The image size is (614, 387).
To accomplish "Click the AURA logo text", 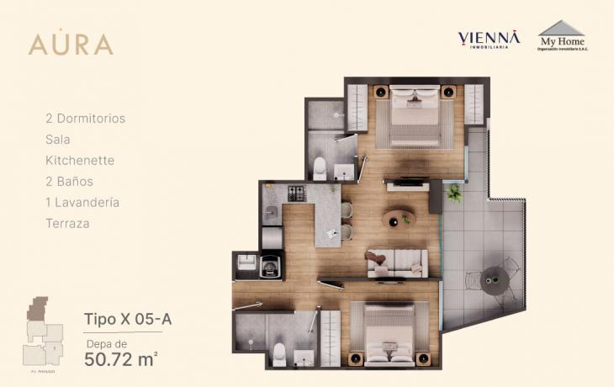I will coord(71,44).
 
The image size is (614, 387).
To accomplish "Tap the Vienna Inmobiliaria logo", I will coord(489,40).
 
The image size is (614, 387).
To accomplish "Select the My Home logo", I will coord(562,36).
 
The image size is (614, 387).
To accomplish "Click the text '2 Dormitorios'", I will coord(85,119).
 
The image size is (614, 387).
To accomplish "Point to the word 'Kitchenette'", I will coord(80,160).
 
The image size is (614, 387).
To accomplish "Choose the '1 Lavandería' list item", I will coord(82,203).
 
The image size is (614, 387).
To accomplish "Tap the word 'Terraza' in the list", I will coord(67,224).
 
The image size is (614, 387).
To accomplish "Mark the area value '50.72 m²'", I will coord(122,359).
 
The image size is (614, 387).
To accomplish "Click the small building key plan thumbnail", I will coord(43,330).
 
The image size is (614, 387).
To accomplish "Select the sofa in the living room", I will coord(396,262).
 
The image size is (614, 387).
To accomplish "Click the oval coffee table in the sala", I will coord(398,218).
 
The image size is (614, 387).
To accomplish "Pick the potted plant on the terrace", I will coord(454,193).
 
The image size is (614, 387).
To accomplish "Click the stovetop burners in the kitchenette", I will coord(297,193).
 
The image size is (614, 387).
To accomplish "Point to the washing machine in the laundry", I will coord(272,267).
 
